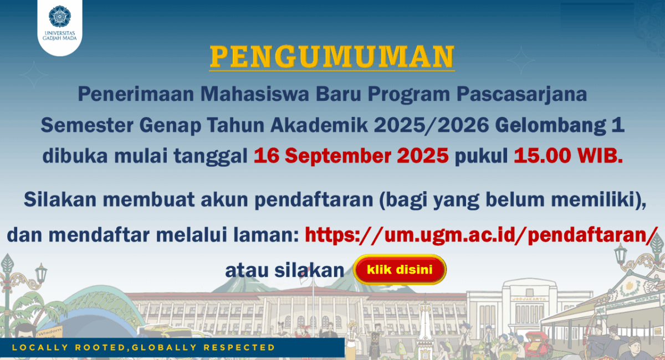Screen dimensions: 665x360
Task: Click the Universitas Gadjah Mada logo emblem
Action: tap(60, 17)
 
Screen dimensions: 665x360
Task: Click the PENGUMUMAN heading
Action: tap(332, 56)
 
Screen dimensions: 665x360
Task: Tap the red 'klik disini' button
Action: tap(400, 270)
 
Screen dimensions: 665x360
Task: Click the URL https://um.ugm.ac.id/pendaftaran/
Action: tap(482, 235)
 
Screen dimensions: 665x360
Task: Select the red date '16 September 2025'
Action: tap(351, 156)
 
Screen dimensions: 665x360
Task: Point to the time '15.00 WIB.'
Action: tap(568, 156)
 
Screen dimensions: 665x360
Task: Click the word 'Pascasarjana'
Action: tap(521, 94)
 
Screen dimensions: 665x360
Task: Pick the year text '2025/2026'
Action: tap(431, 125)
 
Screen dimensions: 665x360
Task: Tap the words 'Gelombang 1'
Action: tap(560, 126)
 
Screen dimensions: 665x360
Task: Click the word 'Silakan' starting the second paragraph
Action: tap(60, 199)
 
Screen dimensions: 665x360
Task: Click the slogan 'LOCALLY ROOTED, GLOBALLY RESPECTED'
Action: tap(144, 347)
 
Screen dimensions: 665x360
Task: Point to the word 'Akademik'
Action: tap(319, 125)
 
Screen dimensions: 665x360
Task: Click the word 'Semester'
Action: tap(87, 125)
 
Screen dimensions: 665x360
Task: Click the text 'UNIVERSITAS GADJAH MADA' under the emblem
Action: tap(60, 35)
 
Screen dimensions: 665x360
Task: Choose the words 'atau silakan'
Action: tap(285, 270)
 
